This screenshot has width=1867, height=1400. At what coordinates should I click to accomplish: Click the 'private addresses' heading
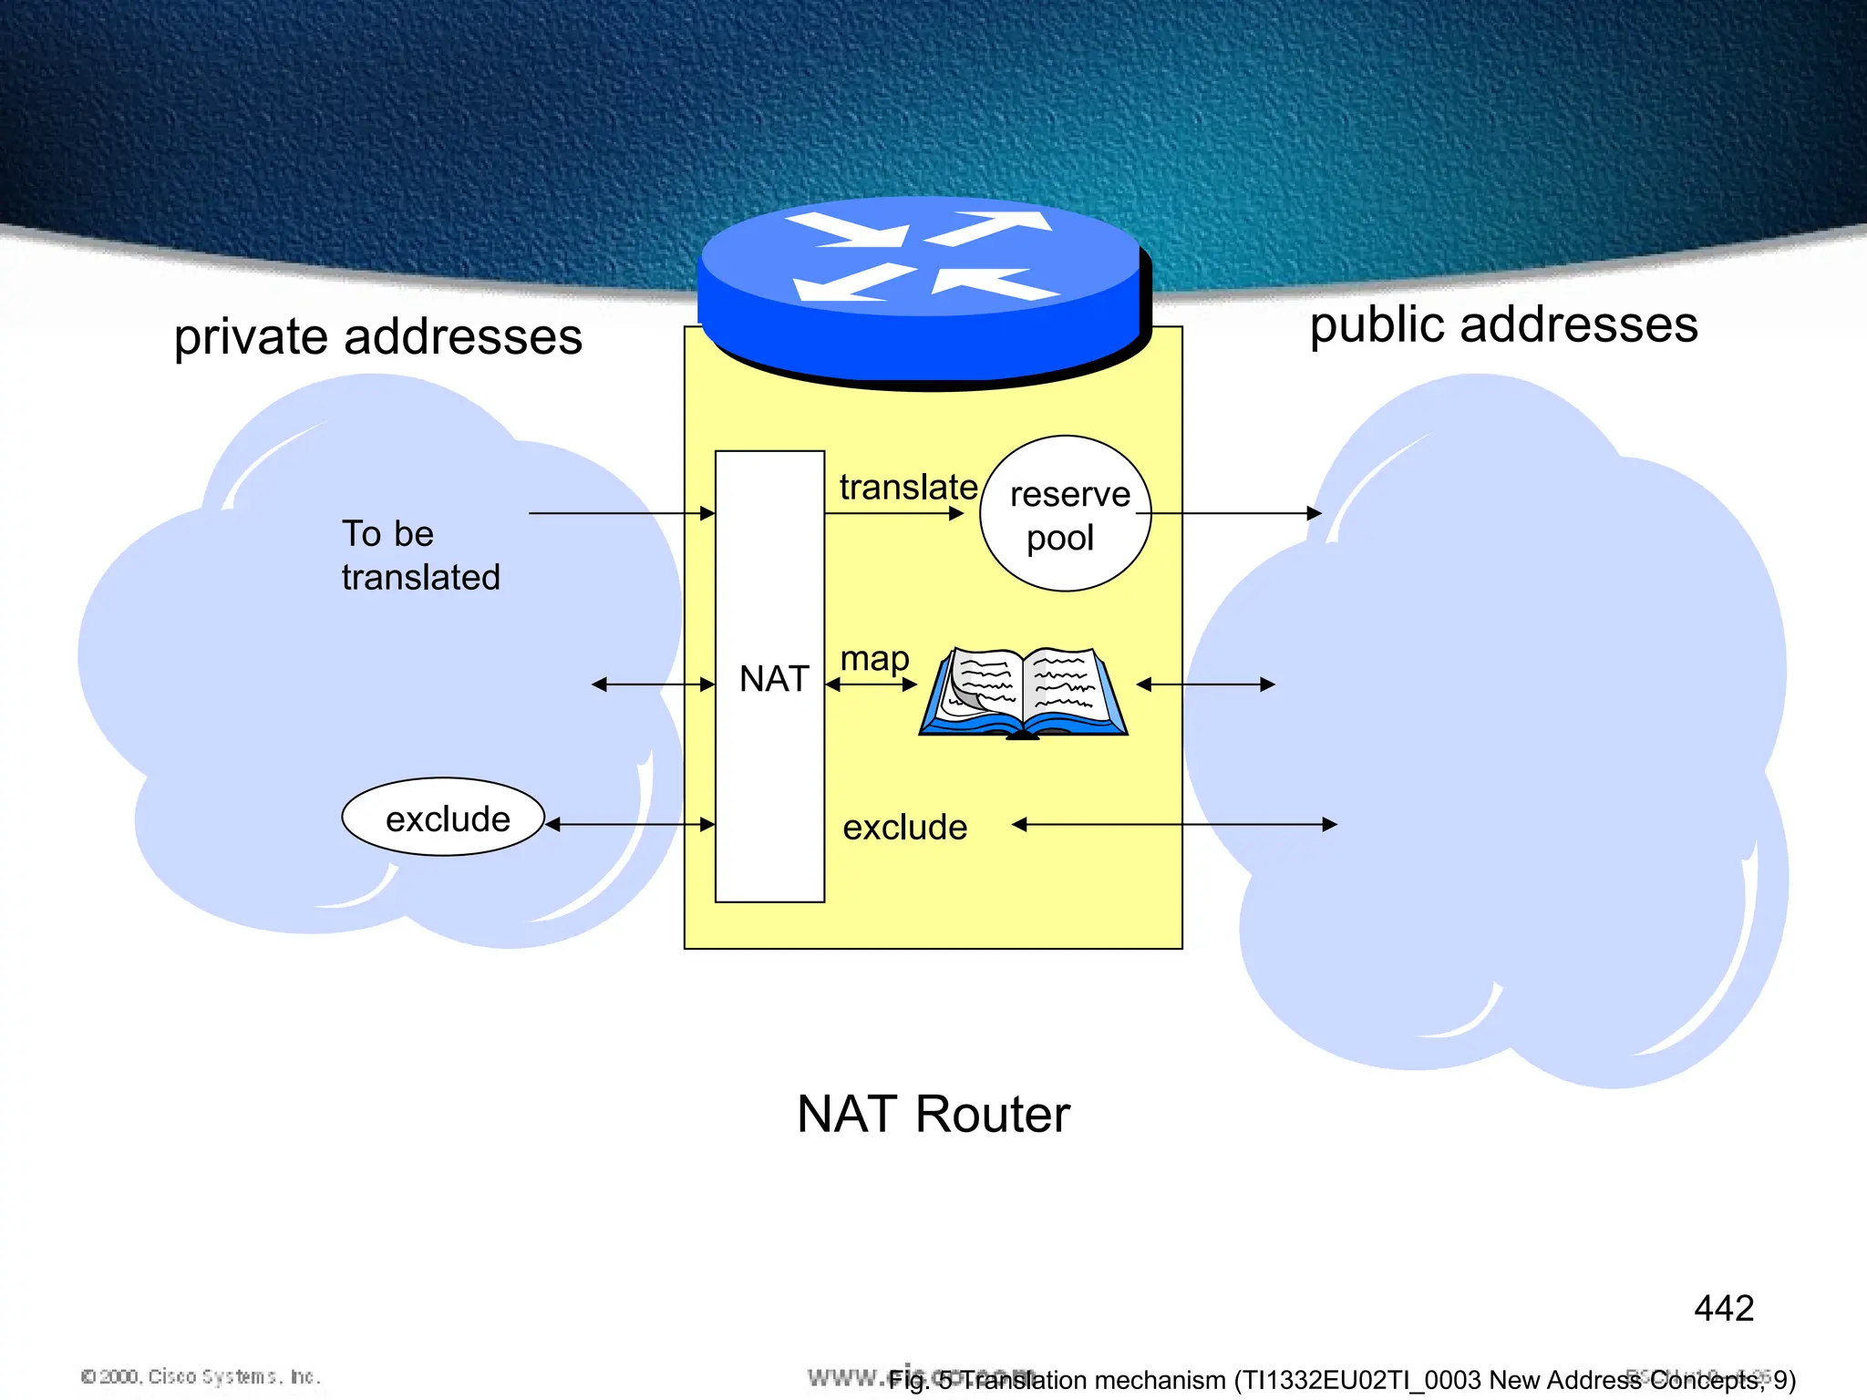coord(377,337)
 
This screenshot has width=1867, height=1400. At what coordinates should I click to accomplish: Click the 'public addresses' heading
coord(1503,325)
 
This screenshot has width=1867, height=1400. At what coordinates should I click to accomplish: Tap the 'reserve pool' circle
coord(1065,514)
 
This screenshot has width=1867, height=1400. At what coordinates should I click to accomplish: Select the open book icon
coord(1023,693)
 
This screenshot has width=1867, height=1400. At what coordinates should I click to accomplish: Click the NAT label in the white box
coord(773,679)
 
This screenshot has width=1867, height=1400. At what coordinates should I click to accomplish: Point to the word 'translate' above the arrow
coord(908,487)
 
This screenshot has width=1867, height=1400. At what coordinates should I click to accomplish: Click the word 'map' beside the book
coord(874,658)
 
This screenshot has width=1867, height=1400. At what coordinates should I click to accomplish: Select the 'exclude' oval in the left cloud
coord(443,818)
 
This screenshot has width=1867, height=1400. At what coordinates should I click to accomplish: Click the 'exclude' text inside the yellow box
coord(904,828)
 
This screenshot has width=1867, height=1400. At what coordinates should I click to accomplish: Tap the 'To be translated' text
coord(420,555)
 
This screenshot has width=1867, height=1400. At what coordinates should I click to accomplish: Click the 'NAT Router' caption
coord(933,1114)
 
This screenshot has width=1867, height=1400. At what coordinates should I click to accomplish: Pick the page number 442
coord(1723,1309)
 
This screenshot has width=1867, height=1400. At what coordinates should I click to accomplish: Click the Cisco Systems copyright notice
coord(201,1376)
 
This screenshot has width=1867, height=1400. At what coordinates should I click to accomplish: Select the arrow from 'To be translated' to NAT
coord(620,514)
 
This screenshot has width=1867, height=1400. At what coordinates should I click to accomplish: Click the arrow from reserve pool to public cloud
coord(1235,514)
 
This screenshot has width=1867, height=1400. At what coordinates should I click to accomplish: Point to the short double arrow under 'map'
coord(871,685)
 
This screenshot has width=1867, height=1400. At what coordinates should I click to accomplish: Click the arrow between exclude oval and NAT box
coord(629,825)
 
